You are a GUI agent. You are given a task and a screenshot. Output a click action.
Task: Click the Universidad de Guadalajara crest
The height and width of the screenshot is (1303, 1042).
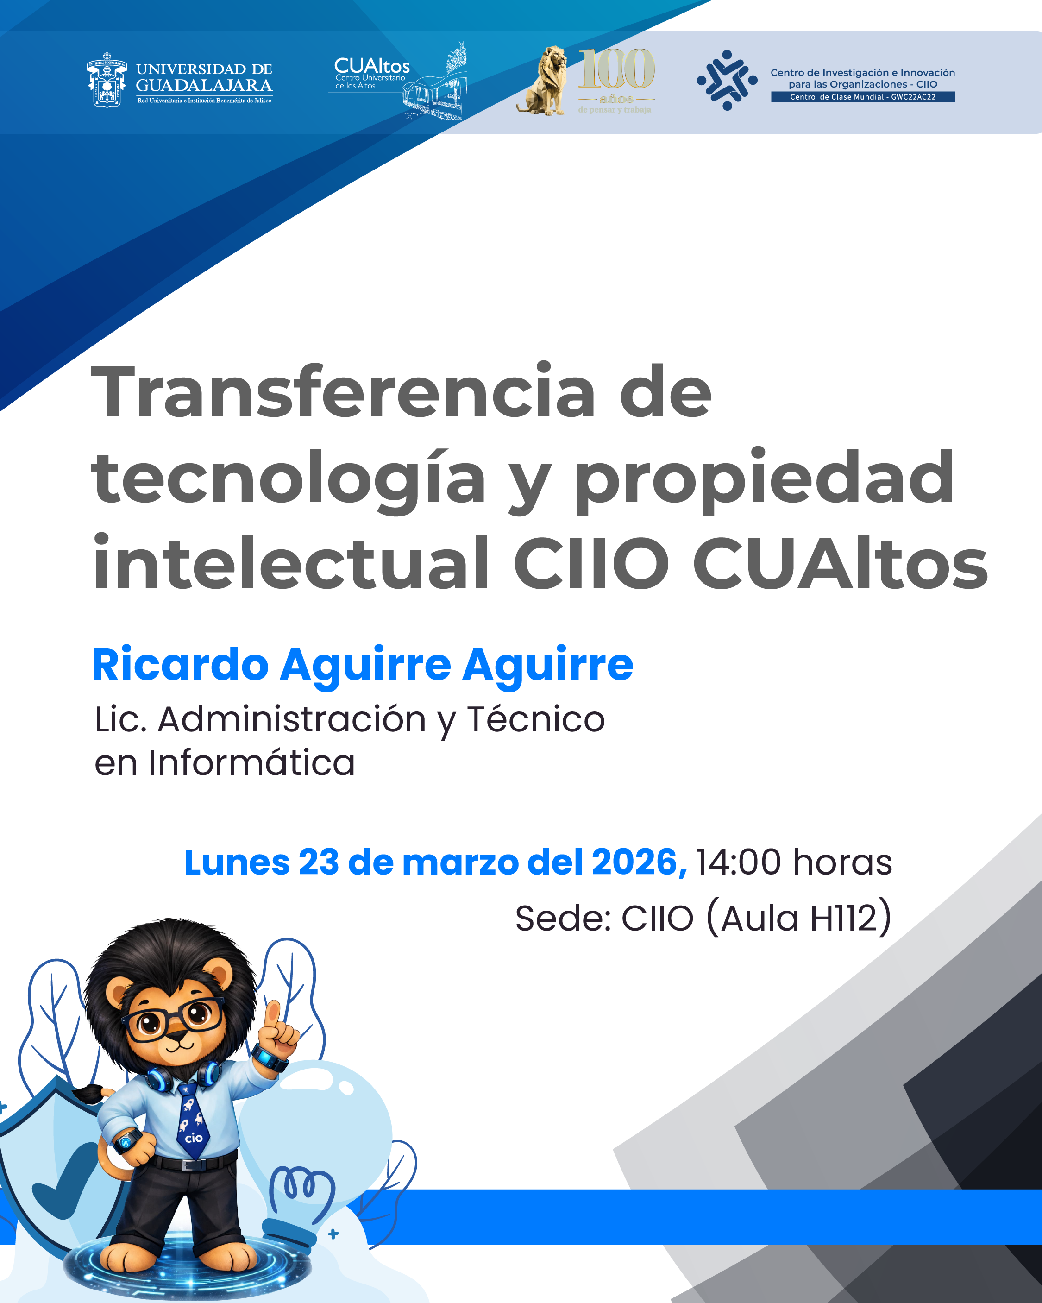pos(107,80)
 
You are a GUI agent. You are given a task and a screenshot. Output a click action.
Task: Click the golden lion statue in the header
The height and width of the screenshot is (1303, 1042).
pos(542,81)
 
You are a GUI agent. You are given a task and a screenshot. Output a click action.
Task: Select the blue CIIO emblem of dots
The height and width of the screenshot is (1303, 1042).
pos(727,80)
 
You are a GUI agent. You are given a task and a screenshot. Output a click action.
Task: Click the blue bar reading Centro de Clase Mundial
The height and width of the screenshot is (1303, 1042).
pos(862,97)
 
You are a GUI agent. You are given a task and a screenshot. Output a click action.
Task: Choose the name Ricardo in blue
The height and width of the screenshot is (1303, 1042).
pos(180,665)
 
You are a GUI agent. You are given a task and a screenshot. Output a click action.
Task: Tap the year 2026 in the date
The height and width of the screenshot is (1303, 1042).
pos(639,862)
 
